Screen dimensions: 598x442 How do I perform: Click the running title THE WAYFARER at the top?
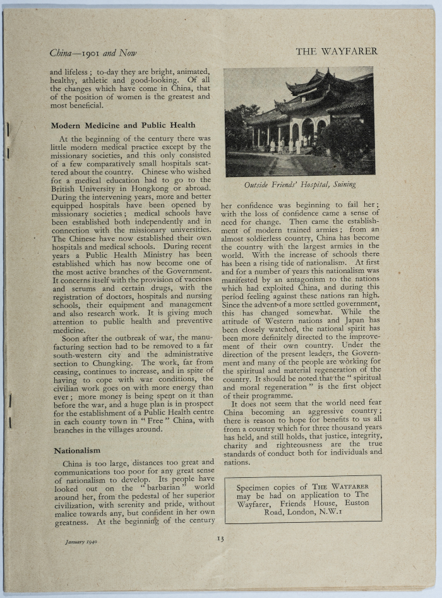(336, 52)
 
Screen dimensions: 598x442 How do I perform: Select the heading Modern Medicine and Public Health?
(123, 125)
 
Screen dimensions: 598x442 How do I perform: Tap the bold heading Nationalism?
(77, 450)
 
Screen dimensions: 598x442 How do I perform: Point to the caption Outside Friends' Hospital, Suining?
(300, 185)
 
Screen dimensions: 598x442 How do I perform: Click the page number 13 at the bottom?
(220, 539)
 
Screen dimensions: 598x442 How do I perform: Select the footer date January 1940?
(81, 542)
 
